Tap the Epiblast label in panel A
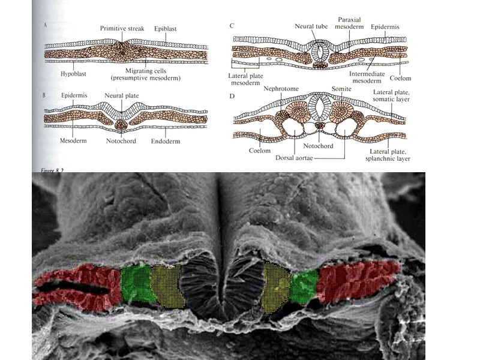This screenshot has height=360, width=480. [x=166, y=28]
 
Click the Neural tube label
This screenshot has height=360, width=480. [x=310, y=26]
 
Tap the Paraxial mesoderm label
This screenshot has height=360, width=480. [x=349, y=23]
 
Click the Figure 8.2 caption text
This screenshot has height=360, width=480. [x=45, y=170]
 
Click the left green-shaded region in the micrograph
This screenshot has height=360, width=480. [x=138, y=283]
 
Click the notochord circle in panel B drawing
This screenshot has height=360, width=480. [x=122, y=125]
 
